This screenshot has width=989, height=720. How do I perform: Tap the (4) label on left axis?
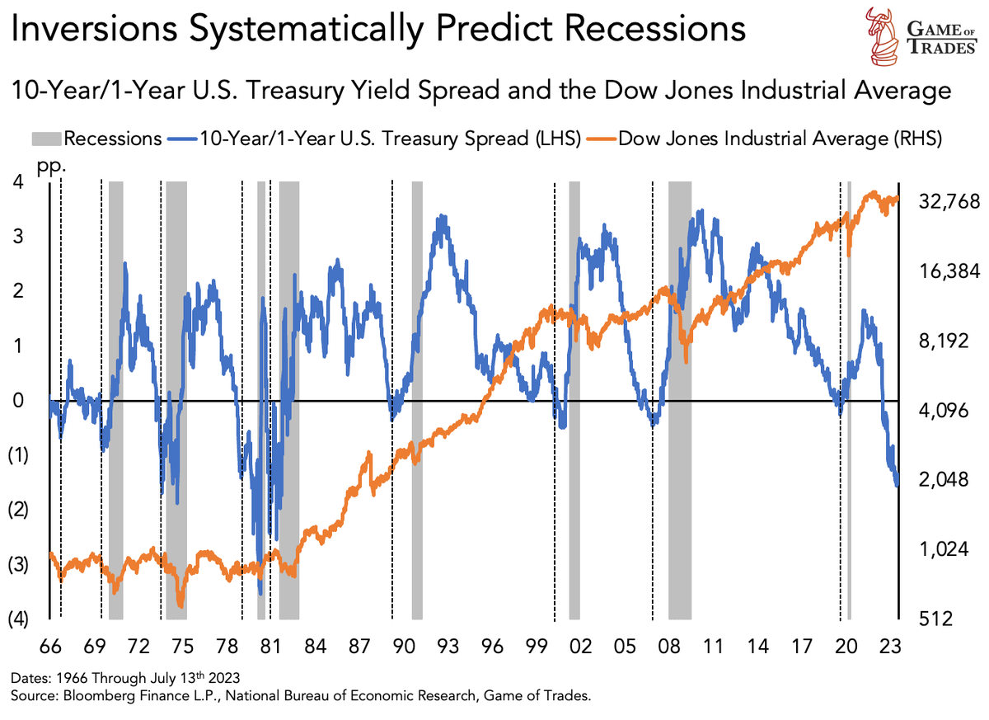pyautogui.click(x=17, y=619)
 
